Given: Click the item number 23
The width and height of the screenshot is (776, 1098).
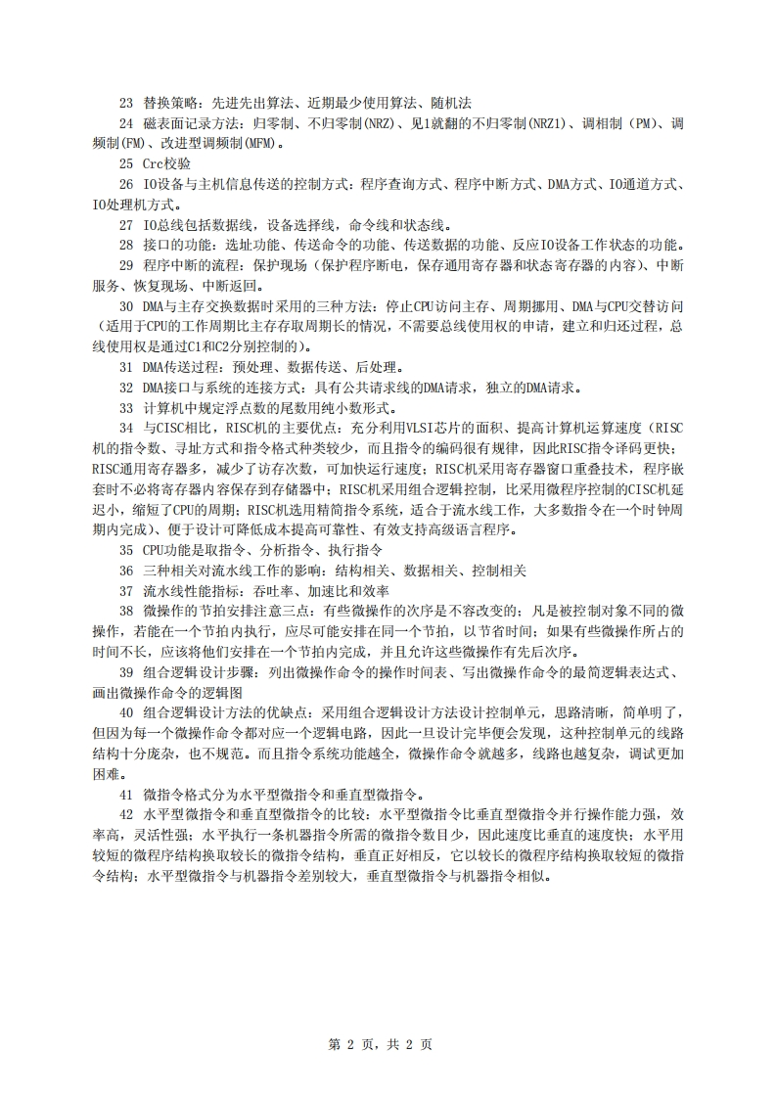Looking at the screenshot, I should [x=125, y=102].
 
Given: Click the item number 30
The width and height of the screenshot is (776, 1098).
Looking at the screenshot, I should [x=125, y=306].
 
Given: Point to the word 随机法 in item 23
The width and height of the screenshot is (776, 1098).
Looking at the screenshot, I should [x=449, y=102].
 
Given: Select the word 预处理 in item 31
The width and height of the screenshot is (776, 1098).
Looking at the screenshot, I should [x=265, y=367].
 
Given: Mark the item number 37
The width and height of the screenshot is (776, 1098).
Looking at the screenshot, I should [x=125, y=591].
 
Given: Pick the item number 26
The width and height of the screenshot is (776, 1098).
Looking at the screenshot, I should [x=125, y=184].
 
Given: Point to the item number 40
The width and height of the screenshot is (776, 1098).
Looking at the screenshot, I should [x=125, y=712].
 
